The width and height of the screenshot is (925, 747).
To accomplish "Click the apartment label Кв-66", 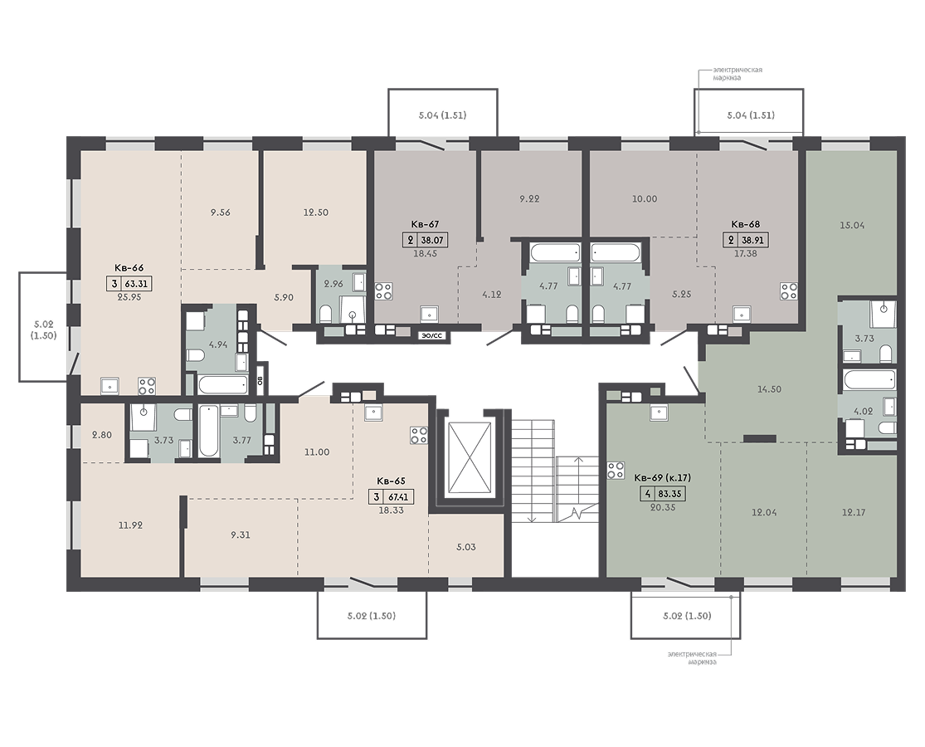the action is (129, 267).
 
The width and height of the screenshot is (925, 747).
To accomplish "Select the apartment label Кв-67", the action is (426, 224).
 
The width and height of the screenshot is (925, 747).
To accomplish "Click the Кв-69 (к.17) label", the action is (663, 477).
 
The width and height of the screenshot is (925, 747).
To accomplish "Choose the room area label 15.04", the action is (852, 225).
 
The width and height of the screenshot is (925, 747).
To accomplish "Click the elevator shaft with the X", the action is (470, 457).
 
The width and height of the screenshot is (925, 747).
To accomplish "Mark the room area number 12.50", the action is (315, 212).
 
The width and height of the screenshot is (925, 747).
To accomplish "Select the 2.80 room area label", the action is (101, 435).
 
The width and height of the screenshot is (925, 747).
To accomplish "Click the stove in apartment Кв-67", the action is (384, 290).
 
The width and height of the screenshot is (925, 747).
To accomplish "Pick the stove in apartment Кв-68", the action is (789, 290).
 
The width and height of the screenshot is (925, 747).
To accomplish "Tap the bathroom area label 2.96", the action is (333, 284).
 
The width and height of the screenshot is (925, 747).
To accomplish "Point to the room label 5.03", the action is (466, 547).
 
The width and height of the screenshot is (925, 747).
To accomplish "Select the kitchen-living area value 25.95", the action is (129, 297).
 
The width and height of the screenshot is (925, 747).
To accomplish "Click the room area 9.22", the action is (529, 199).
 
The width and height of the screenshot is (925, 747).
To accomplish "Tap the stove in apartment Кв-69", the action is (616, 471).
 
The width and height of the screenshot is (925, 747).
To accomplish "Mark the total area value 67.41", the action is (398, 497).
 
